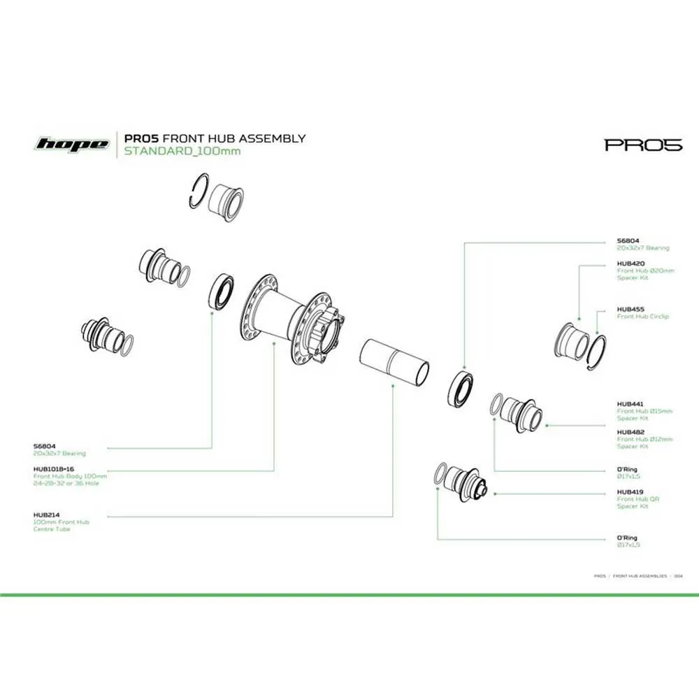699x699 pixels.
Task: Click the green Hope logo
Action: tap(72, 145)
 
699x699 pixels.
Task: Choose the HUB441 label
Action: tap(630, 403)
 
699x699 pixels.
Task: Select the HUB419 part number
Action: tap(630, 492)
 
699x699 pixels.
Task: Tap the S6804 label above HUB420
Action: tap(628, 240)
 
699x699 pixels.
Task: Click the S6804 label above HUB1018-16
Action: tap(45, 446)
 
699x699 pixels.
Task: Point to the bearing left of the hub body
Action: tap(222, 291)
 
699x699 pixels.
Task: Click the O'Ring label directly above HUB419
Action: tap(627, 469)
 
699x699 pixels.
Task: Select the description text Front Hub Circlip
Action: tap(642, 317)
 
